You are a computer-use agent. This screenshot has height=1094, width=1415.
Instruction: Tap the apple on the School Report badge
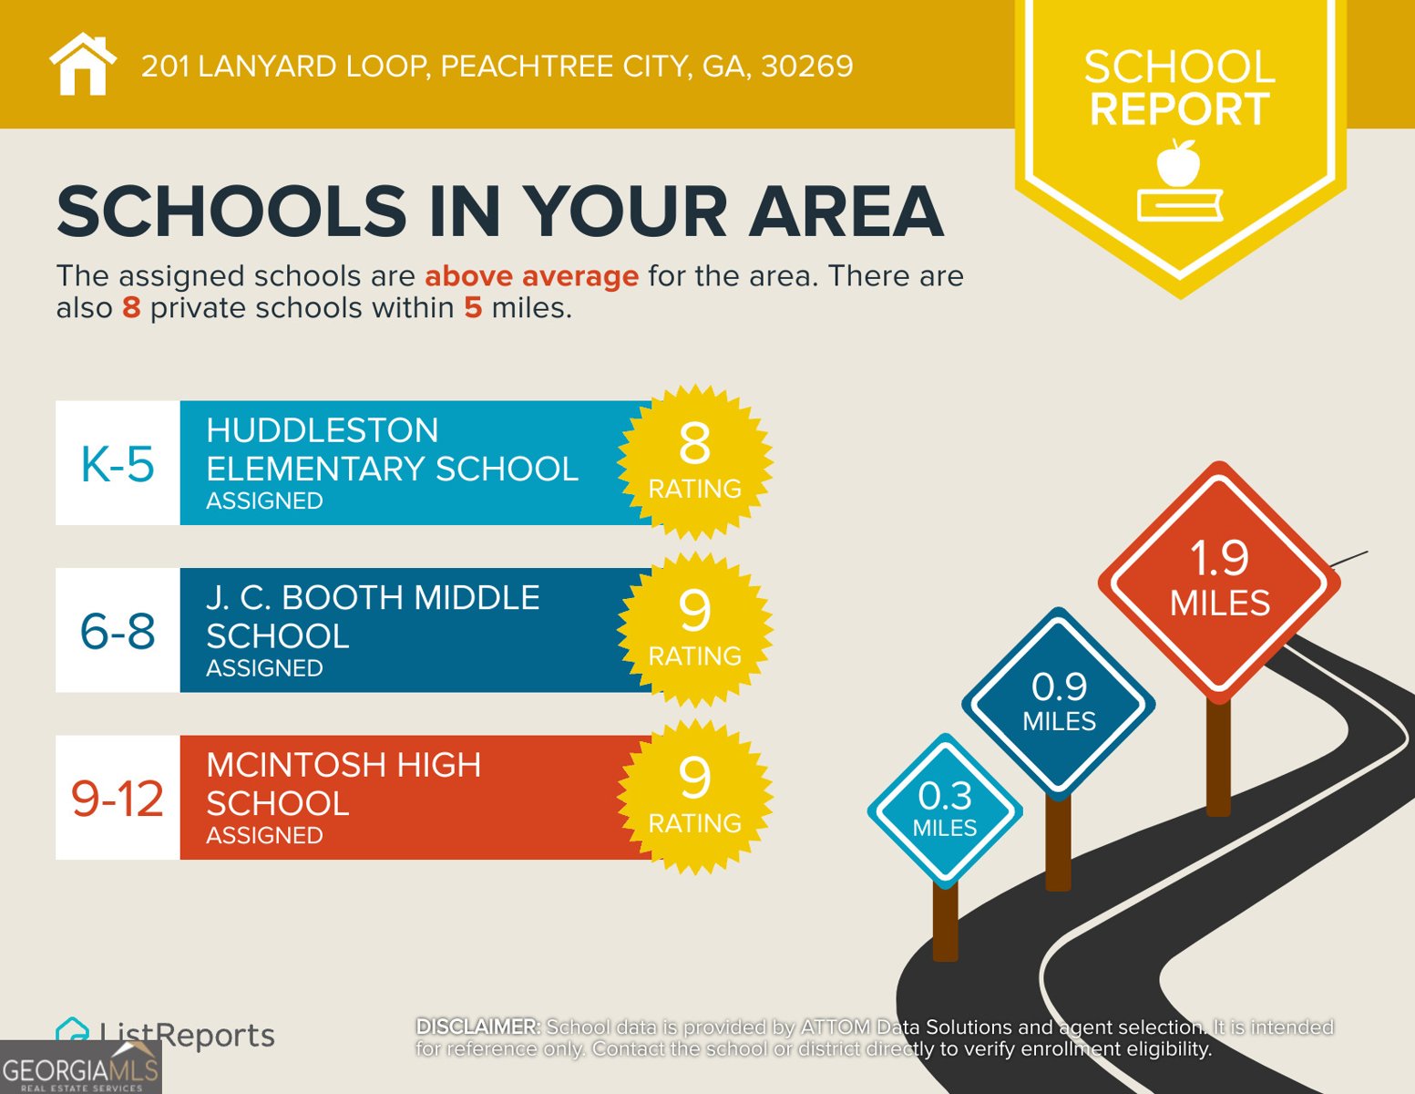coord(1178,164)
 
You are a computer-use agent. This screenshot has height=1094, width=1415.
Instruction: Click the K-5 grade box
coord(118,463)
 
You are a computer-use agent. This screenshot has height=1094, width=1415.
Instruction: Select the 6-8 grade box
coord(118,631)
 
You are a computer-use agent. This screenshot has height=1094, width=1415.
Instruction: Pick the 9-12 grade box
coord(118,799)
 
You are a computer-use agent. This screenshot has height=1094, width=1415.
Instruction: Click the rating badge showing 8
coord(694,461)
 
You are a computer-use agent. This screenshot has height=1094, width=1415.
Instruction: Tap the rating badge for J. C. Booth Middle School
coord(694,629)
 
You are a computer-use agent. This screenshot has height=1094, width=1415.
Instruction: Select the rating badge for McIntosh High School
coord(694,797)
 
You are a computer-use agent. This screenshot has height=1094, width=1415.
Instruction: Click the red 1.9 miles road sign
coord(1219,581)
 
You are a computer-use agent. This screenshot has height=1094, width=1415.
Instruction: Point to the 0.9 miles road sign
coord(1059,702)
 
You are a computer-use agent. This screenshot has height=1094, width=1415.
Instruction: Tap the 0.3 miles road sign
coord(945,810)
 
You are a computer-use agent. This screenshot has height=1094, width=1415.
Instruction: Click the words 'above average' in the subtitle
coord(531,275)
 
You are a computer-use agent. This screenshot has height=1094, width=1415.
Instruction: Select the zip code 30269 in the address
coord(807,67)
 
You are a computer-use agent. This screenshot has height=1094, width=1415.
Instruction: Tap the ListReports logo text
coord(187,1035)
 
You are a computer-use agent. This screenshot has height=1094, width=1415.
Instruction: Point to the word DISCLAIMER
coord(477,1027)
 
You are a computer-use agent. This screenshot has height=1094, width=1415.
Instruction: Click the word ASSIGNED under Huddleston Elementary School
coord(264,501)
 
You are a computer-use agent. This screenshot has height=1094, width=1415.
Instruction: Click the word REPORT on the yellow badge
coord(1179,109)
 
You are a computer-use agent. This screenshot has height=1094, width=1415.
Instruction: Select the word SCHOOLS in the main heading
coord(231,212)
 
